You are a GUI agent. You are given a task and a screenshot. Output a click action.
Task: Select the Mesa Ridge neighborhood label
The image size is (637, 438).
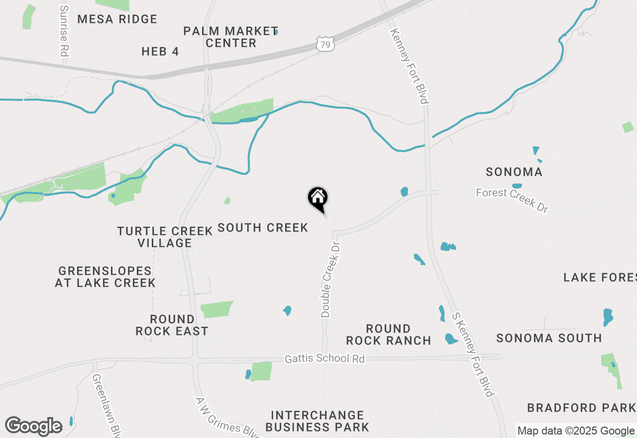pyautogui.click(x=117, y=19)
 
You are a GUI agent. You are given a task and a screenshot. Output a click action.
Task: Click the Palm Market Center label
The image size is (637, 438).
pyautogui.click(x=230, y=37)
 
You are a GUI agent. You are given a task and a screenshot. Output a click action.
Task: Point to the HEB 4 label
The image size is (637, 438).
pyautogui.click(x=160, y=51)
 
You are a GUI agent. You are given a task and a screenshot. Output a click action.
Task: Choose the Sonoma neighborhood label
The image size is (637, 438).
pyautogui.click(x=514, y=172)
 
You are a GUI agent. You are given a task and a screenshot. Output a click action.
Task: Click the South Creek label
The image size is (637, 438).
pyautogui.click(x=263, y=227)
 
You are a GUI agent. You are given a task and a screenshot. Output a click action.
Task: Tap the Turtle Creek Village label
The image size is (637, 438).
pyautogui.click(x=165, y=237)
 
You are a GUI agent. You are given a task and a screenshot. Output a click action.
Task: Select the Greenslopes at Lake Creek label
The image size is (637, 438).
pyautogui.click(x=105, y=277)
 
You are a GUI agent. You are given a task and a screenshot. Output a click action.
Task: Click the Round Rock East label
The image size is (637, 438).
pyautogui.click(x=172, y=325)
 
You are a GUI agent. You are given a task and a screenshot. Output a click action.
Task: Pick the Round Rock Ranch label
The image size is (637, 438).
pyautogui.click(x=389, y=334)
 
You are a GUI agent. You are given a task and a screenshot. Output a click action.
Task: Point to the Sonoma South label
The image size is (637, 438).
pyautogui.click(x=549, y=338)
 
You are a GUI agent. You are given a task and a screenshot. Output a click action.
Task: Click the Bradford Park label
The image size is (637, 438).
pyautogui.click(x=581, y=408)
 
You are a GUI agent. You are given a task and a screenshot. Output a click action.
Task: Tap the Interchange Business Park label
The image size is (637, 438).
pyautogui.click(x=318, y=421)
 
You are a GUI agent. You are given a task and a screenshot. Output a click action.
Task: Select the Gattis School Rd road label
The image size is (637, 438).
pyautogui.click(x=324, y=358)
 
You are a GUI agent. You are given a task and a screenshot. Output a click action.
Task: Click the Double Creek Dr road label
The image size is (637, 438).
pyautogui.click(x=330, y=280)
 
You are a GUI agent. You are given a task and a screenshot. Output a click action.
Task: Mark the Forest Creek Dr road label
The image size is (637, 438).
pyautogui.click(x=512, y=200)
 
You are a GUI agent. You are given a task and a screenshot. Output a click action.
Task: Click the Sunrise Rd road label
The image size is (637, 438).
pyautogui.click(x=64, y=31)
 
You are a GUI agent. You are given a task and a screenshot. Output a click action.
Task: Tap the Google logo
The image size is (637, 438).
pyautogui.click(x=33, y=426)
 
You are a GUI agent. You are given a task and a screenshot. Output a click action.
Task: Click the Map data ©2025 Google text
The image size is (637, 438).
pyautogui.click(x=576, y=431)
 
